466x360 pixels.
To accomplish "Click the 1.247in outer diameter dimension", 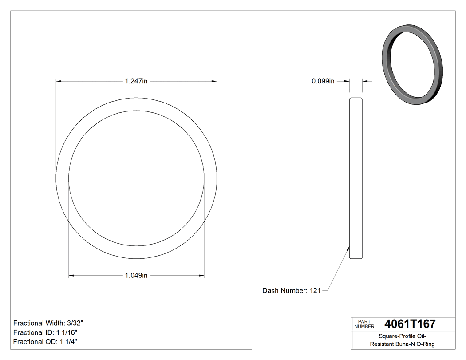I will click(x=136, y=81).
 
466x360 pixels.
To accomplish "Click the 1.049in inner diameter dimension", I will click(x=136, y=276).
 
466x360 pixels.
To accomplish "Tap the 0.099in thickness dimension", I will click(x=323, y=81).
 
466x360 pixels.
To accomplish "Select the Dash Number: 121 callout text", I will click(x=291, y=291).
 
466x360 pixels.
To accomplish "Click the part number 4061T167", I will click(x=410, y=324).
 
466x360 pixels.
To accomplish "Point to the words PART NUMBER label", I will click(x=364, y=324).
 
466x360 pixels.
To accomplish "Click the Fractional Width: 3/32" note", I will click(x=48, y=323).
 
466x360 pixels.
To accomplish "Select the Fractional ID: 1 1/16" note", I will click(x=47, y=332).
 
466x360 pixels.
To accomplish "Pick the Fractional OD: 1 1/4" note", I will click(x=46, y=342).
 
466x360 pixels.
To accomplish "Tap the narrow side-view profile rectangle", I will click(x=356, y=178).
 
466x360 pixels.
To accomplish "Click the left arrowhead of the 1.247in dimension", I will click(x=58, y=81).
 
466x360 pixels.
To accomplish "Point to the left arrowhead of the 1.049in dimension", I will click(x=71, y=276).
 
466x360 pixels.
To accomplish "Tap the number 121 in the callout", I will click(x=315, y=291).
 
